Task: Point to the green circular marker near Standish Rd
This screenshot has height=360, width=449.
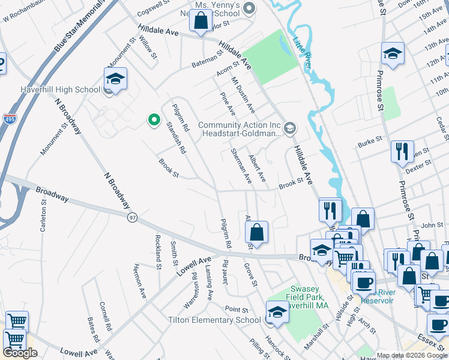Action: pos(154,120)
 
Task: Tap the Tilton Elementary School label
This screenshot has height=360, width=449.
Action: pos(214,320)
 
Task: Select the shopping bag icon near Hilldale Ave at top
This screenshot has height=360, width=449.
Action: pos(201,21)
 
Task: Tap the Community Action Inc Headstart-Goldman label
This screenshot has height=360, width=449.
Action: pos(240,130)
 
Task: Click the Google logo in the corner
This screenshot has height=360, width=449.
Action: pos(20,353)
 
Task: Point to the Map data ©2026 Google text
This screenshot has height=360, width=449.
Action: pos(412,355)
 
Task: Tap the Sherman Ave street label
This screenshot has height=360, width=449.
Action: pos(241,167)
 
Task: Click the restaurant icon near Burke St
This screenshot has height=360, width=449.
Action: pos(402,151)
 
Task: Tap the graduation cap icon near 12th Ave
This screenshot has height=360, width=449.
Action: pos(393,53)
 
